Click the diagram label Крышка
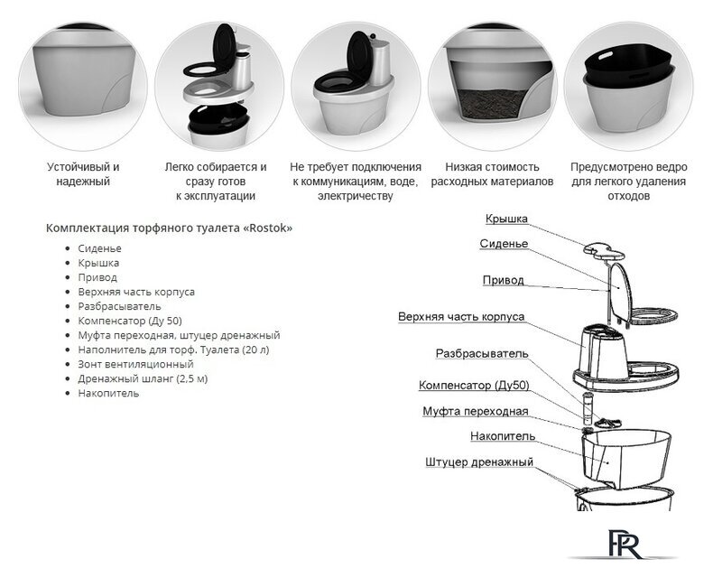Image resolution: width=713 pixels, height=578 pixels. (x=506, y=219)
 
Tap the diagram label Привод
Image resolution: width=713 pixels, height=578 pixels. (x=503, y=280)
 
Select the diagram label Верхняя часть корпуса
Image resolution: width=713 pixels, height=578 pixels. (x=461, y=317)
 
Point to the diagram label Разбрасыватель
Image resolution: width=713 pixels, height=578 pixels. (x=482, y=354)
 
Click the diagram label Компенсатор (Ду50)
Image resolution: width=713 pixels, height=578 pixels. (x=474, y=386)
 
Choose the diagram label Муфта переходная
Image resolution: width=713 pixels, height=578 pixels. (x=476, y=412)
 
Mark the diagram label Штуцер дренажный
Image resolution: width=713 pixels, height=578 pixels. (x=479, y=462)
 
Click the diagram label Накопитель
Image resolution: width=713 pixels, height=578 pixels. (x=503, y=436)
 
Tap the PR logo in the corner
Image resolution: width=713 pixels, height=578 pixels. (x=625, y=544)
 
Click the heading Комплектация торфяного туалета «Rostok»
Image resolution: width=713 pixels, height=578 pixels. (x=169, y=228)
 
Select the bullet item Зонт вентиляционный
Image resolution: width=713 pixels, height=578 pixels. (x=135, y=364)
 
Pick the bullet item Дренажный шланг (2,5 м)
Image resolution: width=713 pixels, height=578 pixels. (x=143, y=378)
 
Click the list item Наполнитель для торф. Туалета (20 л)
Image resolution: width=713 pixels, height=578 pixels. (x=173, y=350)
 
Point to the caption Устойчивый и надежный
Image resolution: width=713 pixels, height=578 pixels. (x=83, y=174)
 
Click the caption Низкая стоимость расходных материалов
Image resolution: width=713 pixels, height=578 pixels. (x=492, y=174)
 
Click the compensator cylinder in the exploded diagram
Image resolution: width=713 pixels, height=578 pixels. (x=588, y=407)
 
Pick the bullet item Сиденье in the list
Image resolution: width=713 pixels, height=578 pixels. (x=99, y=248)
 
